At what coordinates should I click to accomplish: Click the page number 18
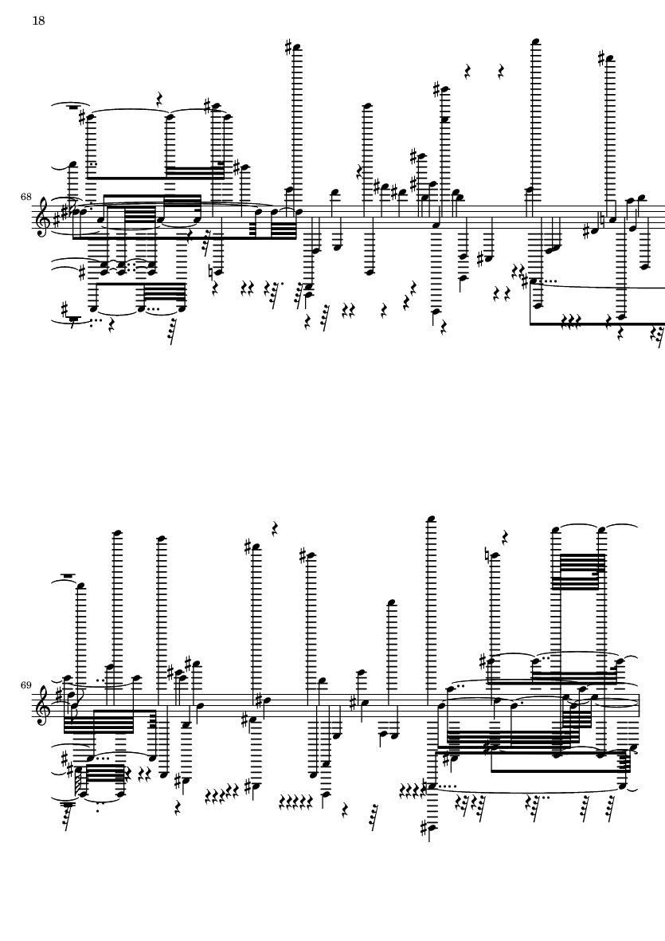point(38,21)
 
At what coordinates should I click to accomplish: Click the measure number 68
point(25,196)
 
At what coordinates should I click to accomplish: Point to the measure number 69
point(25,684)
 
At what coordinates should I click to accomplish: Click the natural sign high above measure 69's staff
point(487,554)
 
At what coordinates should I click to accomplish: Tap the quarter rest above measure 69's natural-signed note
point(506,536)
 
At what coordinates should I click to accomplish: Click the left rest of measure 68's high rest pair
point(467,72)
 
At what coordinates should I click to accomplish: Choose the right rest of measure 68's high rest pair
point(501,72)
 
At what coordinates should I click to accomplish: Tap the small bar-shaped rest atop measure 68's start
point(73,107)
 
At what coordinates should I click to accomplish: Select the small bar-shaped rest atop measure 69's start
point(68,576)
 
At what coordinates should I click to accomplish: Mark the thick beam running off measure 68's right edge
point(597,324)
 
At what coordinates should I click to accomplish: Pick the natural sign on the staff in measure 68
point(603,220)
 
